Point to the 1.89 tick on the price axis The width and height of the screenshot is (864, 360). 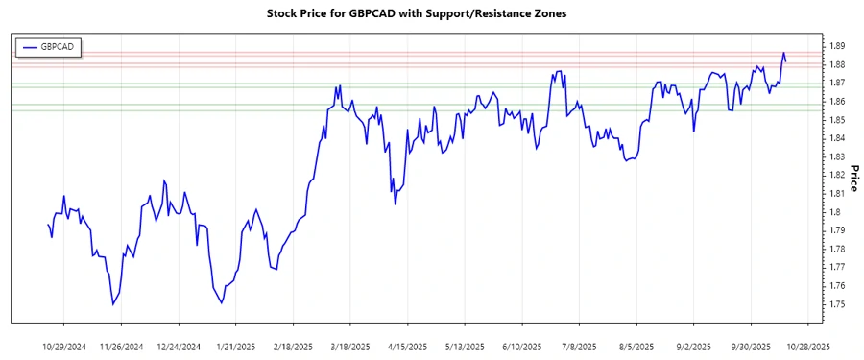pos(837,46)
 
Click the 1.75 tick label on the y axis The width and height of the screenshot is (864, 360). pos(837,304)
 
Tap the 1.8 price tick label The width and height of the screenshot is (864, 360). pos(834,212)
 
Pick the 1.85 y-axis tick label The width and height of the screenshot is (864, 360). pos(837,120)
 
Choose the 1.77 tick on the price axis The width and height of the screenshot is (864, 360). pos(837,267)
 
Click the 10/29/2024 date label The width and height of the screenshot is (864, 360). pos(64,346)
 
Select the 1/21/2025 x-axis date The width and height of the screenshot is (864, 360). pos(235,346)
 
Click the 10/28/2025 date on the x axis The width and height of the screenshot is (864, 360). pos(808,346)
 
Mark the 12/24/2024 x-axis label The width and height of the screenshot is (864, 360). pos(179,346)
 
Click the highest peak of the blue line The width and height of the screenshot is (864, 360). pos(783,53)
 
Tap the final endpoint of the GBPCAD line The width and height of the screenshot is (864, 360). pos(786,61)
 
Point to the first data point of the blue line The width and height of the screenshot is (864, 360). pos(48,225)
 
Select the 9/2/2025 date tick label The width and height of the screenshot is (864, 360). pos(694,346)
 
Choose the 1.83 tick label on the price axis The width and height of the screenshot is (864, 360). pos(837,156)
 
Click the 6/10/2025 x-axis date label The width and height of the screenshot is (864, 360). pos(522,346)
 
